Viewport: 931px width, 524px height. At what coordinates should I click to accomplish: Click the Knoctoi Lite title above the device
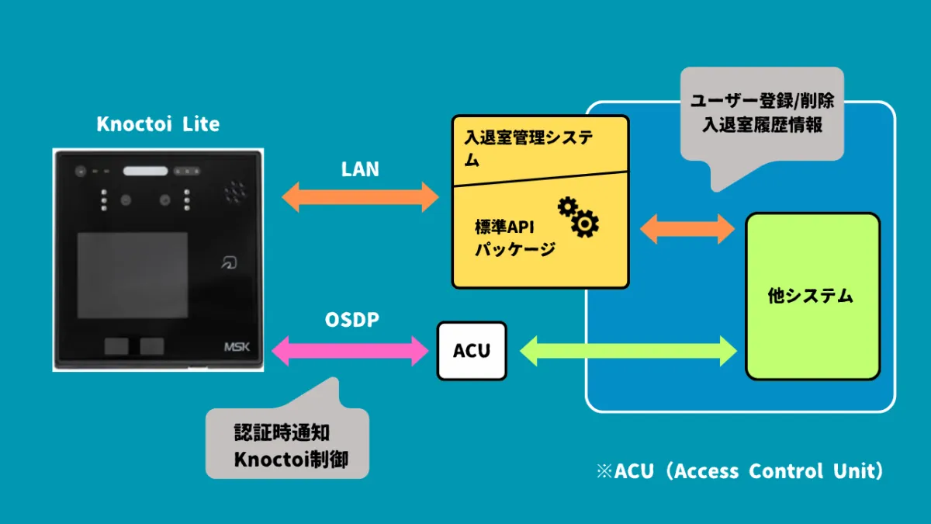tap(158, 124)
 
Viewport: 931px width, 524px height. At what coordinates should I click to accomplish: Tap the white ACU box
tap(472, 351)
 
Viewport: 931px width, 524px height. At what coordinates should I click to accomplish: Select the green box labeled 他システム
tap(812, 296)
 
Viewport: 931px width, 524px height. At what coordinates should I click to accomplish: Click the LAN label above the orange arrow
tap(360, 169)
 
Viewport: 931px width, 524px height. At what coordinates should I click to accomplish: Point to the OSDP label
tap(351, 320)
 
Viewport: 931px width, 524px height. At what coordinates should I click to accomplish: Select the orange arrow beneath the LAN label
tap(360, 197)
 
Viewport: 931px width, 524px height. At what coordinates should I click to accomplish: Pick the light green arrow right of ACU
tap(628, 351)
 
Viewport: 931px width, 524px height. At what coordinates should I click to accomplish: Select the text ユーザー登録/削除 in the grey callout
tap(762, 102)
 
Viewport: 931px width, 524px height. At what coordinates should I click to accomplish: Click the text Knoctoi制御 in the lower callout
tap(291, 459)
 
